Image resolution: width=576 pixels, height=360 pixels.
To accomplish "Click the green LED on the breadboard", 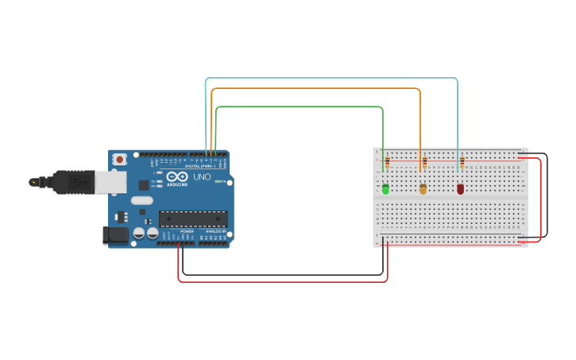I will pos(385,189).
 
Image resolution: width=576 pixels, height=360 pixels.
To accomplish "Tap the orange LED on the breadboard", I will pos(423,189).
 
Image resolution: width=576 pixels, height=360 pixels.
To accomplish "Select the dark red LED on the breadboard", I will pos(460,189).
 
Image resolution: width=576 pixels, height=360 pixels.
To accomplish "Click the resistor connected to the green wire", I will pos(387,163).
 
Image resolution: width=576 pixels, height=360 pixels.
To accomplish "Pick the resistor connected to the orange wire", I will pos(424,163).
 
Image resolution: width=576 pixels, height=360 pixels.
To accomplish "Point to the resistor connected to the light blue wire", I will pos(462,163).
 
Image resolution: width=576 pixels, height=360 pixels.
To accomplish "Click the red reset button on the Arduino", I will pos(119,159).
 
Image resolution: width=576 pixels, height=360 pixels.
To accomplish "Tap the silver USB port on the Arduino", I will pos(110,183).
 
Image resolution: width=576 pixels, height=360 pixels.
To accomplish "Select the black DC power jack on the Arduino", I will pos(116,234).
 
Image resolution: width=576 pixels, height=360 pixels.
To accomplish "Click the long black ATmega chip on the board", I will pos(193,219).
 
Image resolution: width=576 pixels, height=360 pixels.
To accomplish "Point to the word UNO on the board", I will pos(202,176).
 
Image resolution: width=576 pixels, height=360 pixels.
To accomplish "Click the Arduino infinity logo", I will pos(177,176).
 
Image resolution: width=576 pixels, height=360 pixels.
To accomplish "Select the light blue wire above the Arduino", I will pos(334,78).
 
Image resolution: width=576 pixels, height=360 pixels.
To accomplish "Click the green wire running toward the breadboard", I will pos(302,106).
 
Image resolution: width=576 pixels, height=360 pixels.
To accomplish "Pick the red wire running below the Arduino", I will pos(278,281).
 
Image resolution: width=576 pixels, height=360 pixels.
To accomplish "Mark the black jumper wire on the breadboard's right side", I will pos(547,195).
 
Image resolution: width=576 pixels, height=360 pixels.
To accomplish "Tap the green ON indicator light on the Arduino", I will pos(215,181).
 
